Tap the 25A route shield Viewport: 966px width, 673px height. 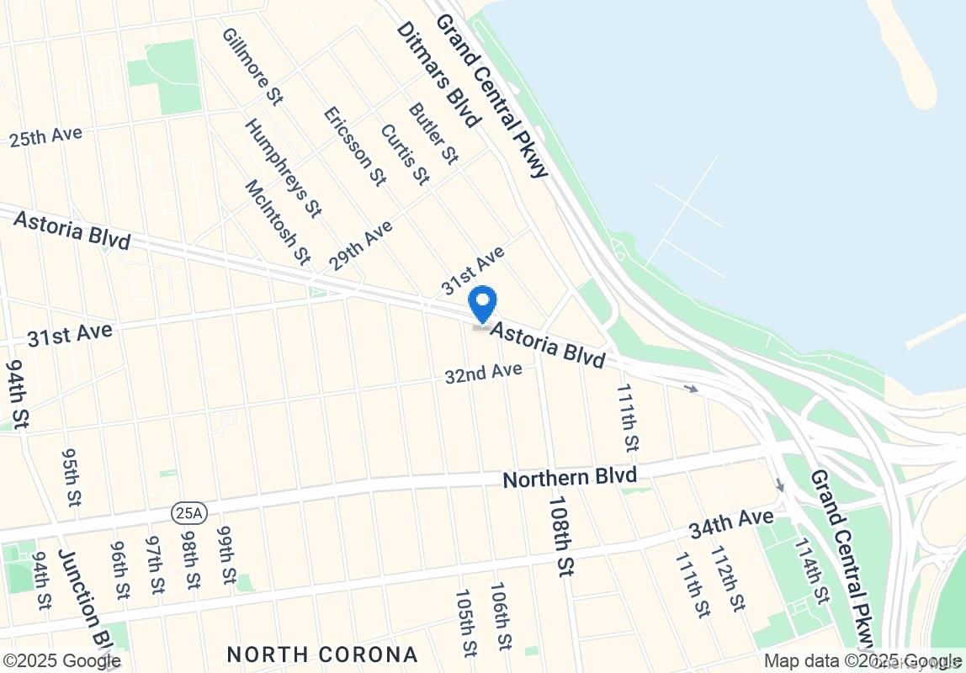[x=183, y=511]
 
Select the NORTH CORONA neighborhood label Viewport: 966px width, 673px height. [x=322, y=654]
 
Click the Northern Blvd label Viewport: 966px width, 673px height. [x=570, y=478]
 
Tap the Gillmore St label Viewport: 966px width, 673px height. [x=252, y=66]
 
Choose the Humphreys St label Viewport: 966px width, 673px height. [x=284, y=167]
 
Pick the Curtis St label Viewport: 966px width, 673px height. [x=405, y=154]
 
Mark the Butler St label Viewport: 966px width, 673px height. [x=433, y=133]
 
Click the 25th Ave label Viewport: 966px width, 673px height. [x=45, y=136]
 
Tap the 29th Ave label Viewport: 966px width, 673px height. [x=361, y=246]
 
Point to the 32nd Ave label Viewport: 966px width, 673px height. [x=484, y=372]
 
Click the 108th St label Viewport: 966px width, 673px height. [x=560, y=535]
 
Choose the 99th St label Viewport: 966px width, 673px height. [x=226, y=555]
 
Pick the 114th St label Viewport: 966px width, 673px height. [x=809, y=572]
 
